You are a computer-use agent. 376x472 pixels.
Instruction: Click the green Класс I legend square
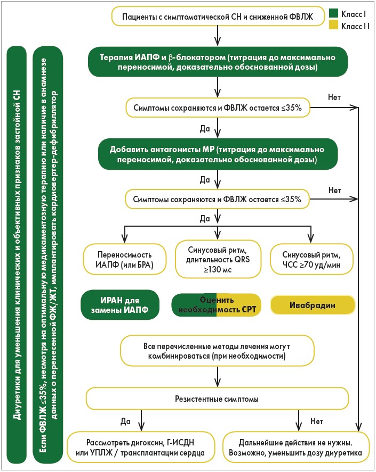click(x=333, y=12)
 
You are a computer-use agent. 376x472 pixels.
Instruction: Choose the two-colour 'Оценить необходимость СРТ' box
click(x=217, y=305)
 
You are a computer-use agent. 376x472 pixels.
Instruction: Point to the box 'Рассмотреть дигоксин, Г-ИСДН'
click(x=141, y=447)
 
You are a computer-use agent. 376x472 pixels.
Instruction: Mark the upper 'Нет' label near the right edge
click(x=334, y=97)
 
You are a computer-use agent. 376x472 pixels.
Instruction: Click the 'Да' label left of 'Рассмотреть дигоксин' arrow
click(x=125, y=421)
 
